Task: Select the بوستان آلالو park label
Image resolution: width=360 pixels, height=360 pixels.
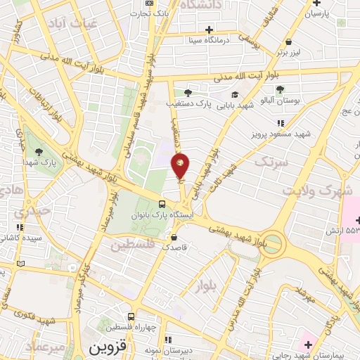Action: point(296,101)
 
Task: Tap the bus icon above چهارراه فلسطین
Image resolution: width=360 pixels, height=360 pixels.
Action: point(131,316)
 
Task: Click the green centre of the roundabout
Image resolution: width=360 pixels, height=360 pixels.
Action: point(274,245)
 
